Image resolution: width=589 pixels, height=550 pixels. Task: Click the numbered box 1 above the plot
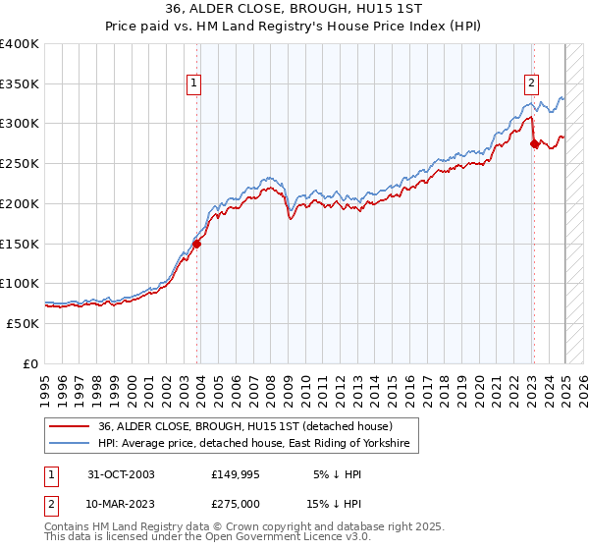click(195, 83)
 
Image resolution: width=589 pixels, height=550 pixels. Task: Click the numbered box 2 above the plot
click(531, 83)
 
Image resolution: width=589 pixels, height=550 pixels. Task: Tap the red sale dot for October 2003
click(197, 245)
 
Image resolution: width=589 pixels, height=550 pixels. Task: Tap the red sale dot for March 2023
click(534, 143)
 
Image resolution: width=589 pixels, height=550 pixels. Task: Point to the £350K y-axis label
click(20, 83)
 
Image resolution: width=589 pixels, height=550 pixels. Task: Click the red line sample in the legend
click(70, 426)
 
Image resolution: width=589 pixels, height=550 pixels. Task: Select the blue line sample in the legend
click(70, 444)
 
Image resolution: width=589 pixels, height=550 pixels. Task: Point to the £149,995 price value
click(234, 474)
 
